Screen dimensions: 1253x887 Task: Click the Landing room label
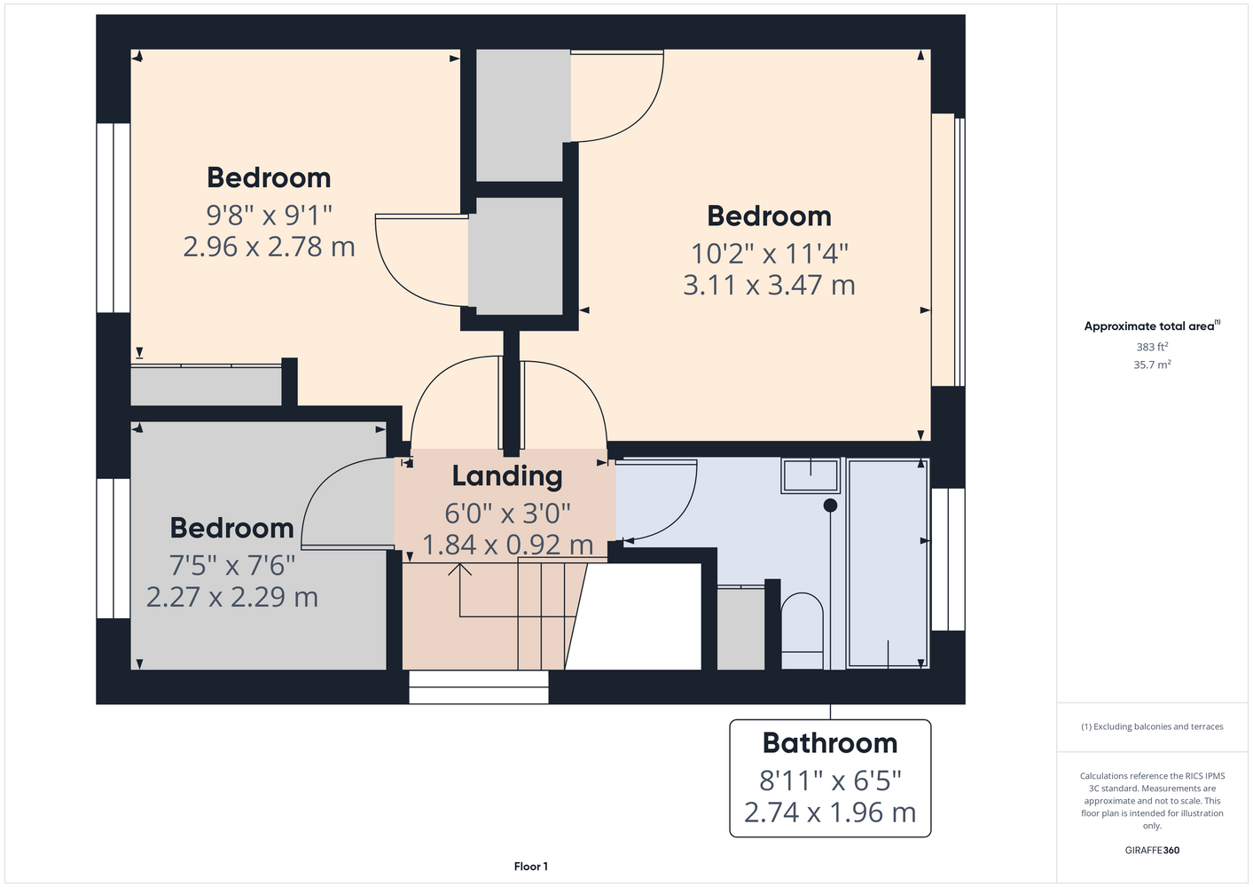[x=507, y=476]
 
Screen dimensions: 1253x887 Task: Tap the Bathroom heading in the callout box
[x=830, y=743]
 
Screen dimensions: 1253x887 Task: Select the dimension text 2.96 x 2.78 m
[x=269, y=247]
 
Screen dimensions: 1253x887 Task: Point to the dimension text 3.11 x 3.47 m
[x=769, y=285]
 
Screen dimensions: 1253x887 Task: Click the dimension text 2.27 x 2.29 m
[x=232, y=597]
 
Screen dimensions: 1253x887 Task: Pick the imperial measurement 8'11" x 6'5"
[x=830, y=780]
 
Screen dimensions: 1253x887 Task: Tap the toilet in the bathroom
[x=803, y=631]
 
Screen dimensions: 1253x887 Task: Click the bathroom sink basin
[x=811, y=476]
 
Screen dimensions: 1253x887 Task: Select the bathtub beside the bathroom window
[x=889, y=563]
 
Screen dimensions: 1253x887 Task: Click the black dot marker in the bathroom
[x=830, y=506]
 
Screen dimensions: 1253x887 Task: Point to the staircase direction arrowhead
[x=460, y=569]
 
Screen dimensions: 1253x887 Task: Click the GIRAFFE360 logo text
[x=1152, y=850]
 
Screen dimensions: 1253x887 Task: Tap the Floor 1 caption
[x=531, y=867]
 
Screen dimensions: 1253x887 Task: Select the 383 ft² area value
[x=1152, y=347]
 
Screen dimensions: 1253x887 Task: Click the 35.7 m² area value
[x=1152, y=365]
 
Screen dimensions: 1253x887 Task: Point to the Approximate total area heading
[x=1152, y=326]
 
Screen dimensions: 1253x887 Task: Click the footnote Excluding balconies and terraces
[x=1152, y=726]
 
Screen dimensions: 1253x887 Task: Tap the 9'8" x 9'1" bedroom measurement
[x=269, y=215]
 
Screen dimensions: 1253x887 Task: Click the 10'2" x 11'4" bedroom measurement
[x=770, y=253]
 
